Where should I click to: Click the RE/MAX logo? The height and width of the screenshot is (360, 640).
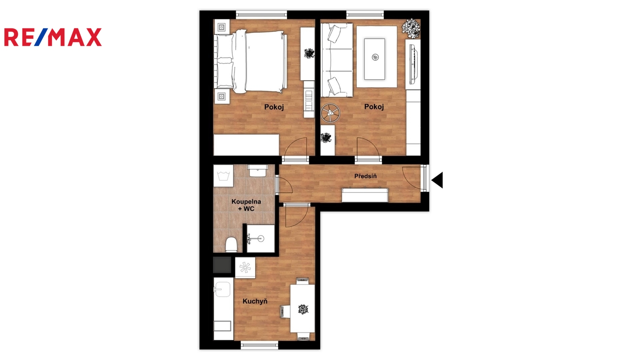pos(53,37)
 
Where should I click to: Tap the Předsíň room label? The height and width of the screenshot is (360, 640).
pos(366,176)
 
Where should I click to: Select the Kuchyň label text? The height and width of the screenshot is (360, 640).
pos(255,301)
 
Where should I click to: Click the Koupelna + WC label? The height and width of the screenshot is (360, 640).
pos(246,205)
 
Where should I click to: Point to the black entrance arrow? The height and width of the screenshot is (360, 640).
pos(437,180)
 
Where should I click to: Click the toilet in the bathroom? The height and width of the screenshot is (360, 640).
pos(231,244)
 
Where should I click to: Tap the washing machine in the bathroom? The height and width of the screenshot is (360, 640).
pos(224,176)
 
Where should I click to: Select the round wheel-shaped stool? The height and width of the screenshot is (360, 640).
pos(330,113)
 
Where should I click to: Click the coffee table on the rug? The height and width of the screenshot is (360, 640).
pos(374,59)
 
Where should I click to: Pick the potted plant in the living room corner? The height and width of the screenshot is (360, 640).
pos(411,28)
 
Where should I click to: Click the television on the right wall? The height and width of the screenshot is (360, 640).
pos(413,65)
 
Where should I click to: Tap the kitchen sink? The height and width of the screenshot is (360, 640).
pos(222,289)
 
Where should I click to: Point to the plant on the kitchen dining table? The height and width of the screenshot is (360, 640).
pos(303,309)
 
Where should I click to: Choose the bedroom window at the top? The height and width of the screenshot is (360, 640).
pos(262,15)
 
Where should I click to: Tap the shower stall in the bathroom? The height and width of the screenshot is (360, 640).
pos(260,238)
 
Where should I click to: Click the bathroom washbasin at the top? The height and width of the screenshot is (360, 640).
pos(258,170)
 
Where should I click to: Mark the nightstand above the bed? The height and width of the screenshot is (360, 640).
pos(222,27)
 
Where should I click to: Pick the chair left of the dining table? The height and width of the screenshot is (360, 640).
pos(285,311)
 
